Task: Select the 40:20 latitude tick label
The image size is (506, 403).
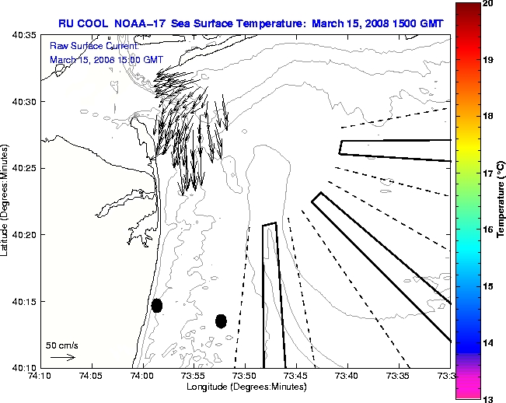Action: (x=26, y=235)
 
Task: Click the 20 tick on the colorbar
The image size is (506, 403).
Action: (x=489, y=4)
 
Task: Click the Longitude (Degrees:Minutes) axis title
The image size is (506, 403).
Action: (x=245, y=386)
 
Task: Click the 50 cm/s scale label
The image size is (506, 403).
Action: (x=62, y=345)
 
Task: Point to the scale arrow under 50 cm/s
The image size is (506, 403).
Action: (x=62, y=357)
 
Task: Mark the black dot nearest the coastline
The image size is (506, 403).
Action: (x=157, y=305)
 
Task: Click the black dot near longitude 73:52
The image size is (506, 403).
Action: (x=221, y=321)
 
